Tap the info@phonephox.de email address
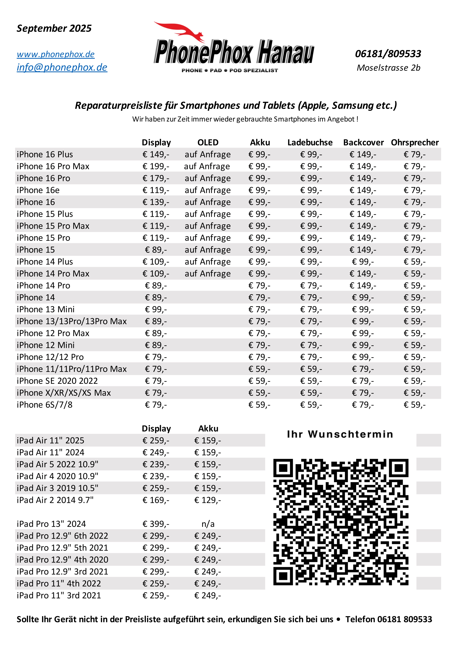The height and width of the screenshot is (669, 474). pos(62,67)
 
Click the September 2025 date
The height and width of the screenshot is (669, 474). pos(54,28)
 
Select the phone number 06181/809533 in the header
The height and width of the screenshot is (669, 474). pos(388,54)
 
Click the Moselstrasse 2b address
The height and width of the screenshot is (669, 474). pos(388,68)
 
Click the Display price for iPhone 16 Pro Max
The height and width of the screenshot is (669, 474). pos(156,166)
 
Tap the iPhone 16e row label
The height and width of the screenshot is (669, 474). pos(38,190)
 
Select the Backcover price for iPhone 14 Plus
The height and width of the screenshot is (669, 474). pos(363,262)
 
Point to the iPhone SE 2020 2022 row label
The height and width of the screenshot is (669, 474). pos(57,381)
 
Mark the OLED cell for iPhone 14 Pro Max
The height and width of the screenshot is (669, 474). pos(208,274)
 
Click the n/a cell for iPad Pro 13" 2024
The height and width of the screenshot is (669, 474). pos(208,524)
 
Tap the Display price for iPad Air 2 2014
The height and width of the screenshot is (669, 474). pos(156,500)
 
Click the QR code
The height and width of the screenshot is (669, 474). pos(341,522)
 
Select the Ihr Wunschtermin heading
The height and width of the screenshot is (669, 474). pos(340,434)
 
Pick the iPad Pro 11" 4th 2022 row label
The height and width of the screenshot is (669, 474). pos(59,583)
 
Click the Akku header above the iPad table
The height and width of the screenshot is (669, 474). pos(208,429)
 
